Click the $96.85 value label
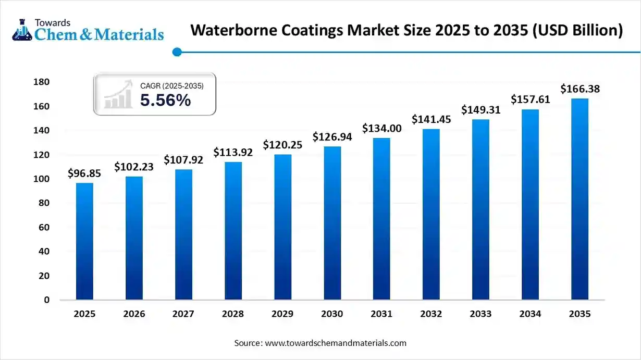(x=84, y=173)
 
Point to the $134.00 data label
(x=382, y=128)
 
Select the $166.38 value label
(x=580, y=89)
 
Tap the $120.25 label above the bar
(x=282, y=144)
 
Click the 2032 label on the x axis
(x=431, y=314)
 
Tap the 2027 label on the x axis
(x=183, y=314)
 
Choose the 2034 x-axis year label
(x=531, y=314)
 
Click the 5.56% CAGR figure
(x=165, y=100)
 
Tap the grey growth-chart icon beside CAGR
(x=118, y=94)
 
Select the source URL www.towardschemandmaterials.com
(x=336, y=343)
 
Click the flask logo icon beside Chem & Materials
(x=22, y=30)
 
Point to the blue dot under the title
(x=177, y=52)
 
